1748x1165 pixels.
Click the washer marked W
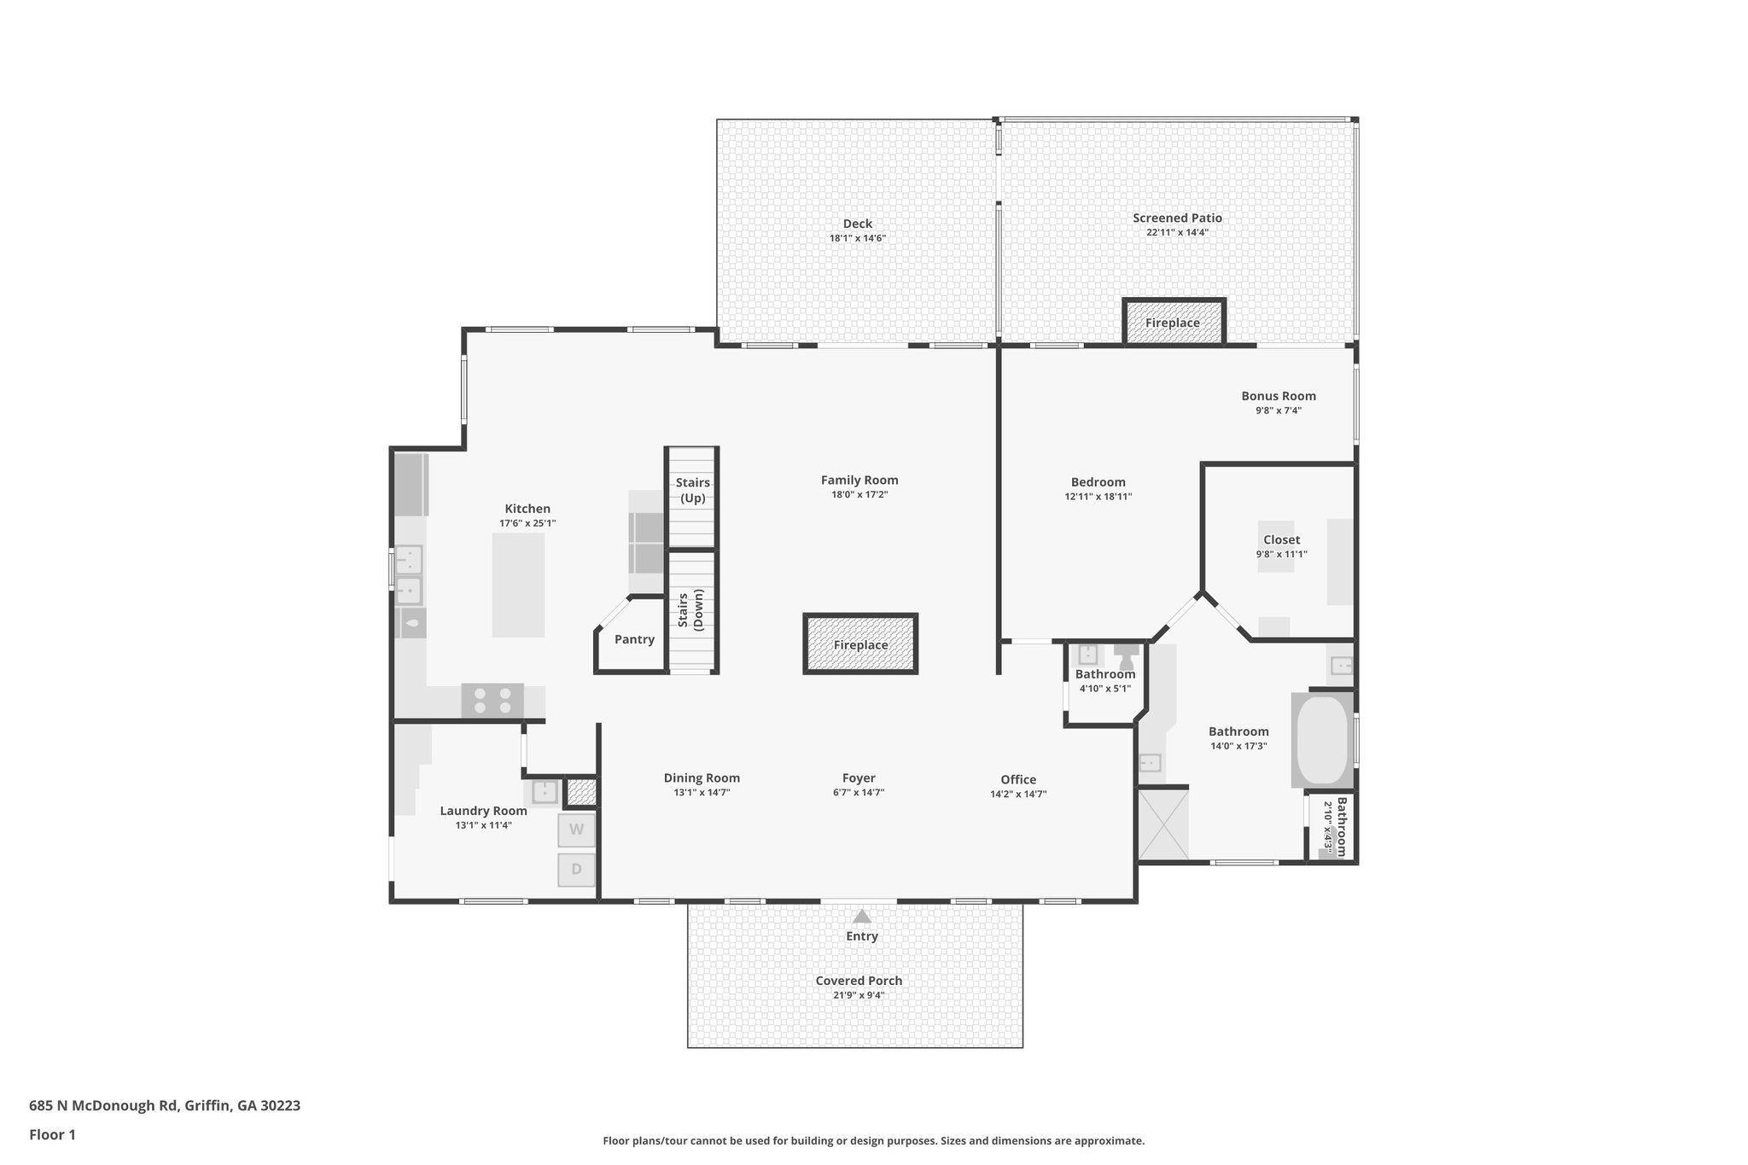[x=576, y=830]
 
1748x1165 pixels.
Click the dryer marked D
[x=576, y=870]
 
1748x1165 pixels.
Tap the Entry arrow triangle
[x=862, y=917]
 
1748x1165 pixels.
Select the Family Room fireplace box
[x=860, y=644]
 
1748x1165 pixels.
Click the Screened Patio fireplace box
[x=1173, y=323]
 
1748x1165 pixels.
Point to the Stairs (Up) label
[x=692, y=490]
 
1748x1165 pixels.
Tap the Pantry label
[x=634, y=639]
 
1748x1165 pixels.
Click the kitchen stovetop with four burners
[x=492, y=701]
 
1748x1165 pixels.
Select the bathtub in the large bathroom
[x=1322, y=740]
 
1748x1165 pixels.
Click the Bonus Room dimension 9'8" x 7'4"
[x=1278, y=411]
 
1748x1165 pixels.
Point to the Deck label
[x=857, y=224]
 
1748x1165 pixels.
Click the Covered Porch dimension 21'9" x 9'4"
[x=859, y=995]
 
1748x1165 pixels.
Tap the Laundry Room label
[x=483, y=811]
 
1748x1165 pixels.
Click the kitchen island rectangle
[x=518, y=585]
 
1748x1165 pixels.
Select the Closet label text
[x=1281, y=539]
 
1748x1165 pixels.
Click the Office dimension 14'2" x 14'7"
[x=1018, y=794]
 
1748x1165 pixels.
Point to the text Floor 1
[x=52, y=1135]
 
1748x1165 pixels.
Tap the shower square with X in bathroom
[x=1162, y=824]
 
